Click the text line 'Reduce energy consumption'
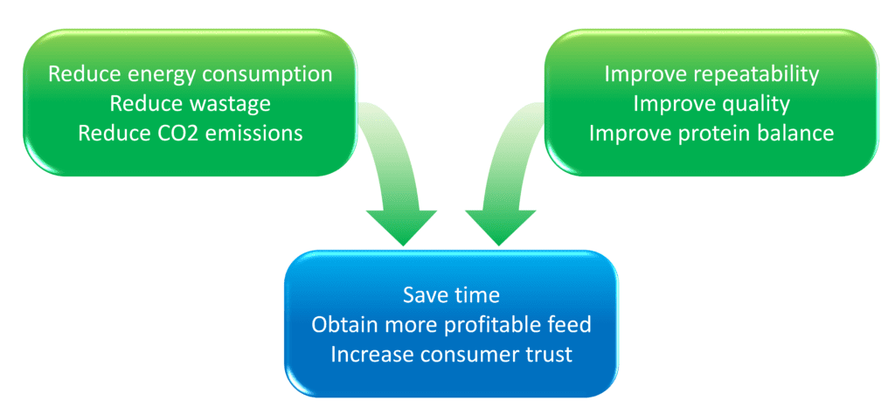click(x=190, y=75)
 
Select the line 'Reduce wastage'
click(x=190, y=104)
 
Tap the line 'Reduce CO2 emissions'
click(x=190, y=134)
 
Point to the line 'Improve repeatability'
click(x=711, y=75)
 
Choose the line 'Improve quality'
click(x=711, y=104)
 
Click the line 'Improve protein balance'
click(x=711, y=134)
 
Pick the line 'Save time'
click(x=451, y=295)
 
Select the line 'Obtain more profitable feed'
click(x=451, y=324)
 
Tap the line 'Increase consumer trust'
click(x=451, y=354)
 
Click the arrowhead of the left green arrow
click(x=402, y=227)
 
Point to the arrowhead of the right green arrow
click(x=500, y=227)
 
